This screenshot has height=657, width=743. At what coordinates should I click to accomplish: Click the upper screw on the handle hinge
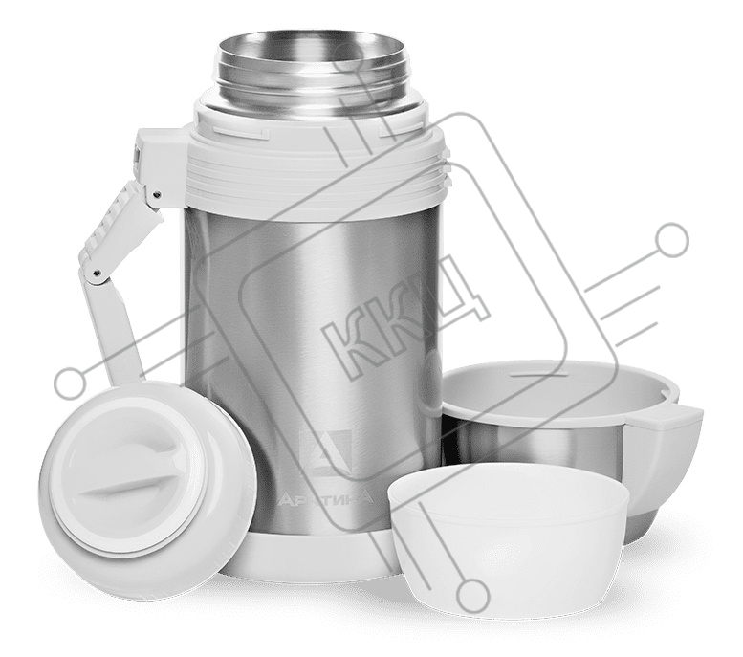click(x=157, y=193)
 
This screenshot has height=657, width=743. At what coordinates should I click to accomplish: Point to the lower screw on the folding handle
click(x=98, y=272)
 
